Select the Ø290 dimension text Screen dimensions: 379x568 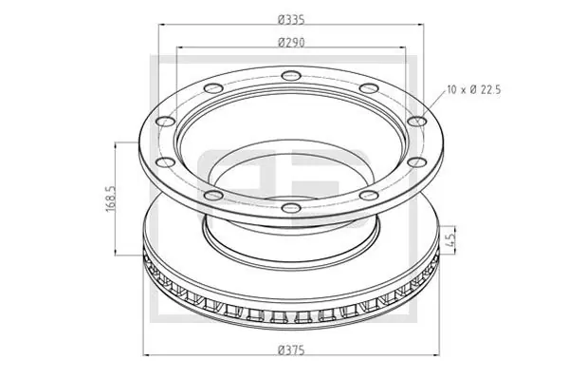point(289,42)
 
